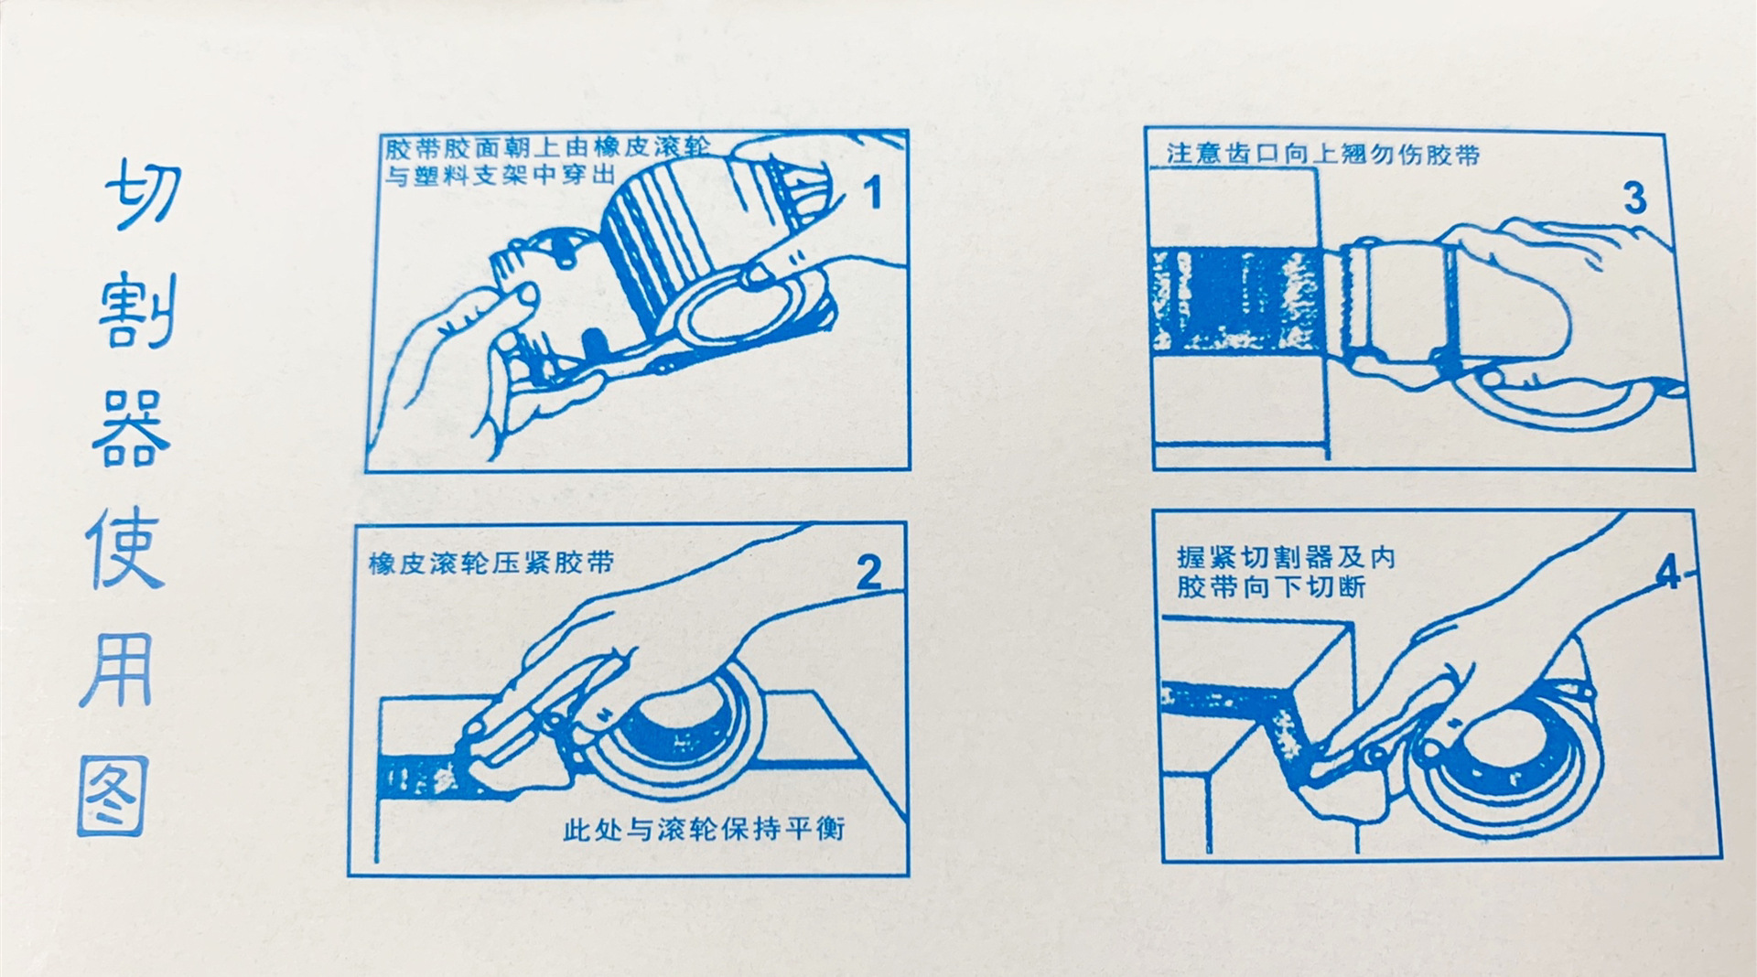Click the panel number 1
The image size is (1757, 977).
click(x=874, y=193)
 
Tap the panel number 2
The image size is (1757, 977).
click(x=868, y=573)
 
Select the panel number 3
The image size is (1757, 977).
click(x=1634, y=199)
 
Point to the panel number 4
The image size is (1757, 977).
click(x=1670, y=573)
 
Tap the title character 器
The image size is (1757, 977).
click(x=131, y=428)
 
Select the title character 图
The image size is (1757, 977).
click(x=113, y=797)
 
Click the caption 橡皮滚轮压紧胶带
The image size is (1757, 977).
click(x=491, y=562)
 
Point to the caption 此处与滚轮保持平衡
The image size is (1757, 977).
click(x=704, y=829)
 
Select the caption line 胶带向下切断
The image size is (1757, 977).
click(x=1271, y=585)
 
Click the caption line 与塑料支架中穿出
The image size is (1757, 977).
click(x=500, y=174)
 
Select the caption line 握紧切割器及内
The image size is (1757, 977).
click(x=1286, y=556)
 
